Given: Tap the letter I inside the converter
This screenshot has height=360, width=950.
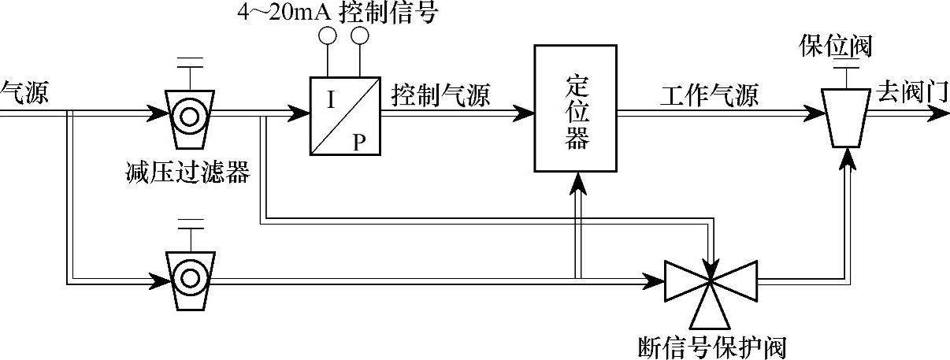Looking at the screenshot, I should coord(331,100).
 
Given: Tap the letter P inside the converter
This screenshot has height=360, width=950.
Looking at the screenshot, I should coord(359,141).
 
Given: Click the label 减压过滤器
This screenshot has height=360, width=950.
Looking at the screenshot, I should coord(187,173).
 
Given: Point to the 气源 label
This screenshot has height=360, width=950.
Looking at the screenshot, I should coord(24,94).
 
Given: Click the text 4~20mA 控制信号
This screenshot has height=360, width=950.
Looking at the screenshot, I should coord(336,13).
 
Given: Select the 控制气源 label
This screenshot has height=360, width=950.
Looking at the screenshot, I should coord(440,96).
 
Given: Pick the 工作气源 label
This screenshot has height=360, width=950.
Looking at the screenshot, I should coord(709,96).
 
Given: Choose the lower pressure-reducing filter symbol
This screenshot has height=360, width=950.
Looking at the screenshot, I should coord(189,277).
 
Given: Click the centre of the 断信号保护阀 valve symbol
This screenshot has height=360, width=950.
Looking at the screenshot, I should coord(711,279).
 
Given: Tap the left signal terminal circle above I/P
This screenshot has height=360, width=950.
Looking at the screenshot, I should coord(327,35).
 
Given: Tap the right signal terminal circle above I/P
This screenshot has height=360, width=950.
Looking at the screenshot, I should coord(360,35).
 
